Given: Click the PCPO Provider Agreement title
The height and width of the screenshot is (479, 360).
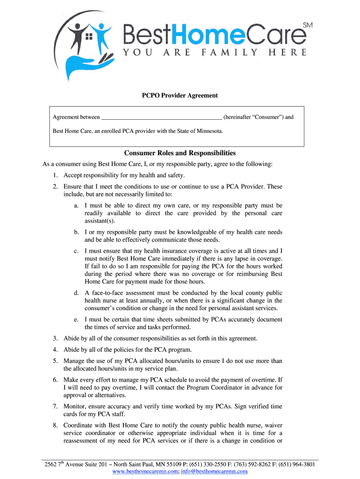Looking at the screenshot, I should click(180, 95).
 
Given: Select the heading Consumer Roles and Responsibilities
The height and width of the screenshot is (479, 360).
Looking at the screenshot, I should click(180, 153).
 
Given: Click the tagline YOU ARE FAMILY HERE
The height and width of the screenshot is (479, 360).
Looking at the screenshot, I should click(215, 52).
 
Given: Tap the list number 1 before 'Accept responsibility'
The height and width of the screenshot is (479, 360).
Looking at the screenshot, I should click(55, 175).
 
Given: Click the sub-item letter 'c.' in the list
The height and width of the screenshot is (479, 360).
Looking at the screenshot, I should click(76, 251).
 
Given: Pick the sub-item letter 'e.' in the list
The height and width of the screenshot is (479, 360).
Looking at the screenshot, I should click(76, 319).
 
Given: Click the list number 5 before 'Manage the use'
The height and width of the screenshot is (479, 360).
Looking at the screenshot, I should click(55, 361).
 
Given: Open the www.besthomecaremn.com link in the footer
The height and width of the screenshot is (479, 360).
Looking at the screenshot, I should click(145, 472).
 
